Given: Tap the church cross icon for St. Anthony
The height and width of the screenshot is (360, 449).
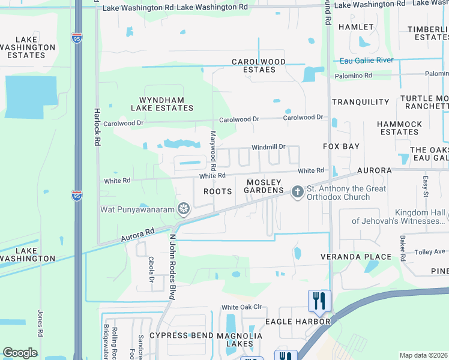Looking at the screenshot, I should pos(297,193).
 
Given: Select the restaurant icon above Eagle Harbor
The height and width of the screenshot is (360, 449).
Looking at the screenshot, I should pos(319,300).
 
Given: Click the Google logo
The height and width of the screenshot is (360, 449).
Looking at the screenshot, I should pos(20,353).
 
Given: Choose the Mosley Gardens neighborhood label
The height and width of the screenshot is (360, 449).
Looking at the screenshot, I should pos(264,186).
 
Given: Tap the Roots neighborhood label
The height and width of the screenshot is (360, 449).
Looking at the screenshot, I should pos(217,191).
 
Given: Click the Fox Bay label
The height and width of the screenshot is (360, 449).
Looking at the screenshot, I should pos(341,146).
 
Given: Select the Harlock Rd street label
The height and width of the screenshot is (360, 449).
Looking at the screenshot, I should pos(97,127).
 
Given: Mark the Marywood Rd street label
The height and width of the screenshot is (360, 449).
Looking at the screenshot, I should pos(212,149).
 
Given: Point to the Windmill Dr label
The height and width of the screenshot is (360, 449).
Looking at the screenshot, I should pos(268,146).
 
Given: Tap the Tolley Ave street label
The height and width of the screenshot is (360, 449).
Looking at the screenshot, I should pos(430,251).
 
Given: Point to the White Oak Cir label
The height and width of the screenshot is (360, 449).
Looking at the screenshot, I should pos(242,307).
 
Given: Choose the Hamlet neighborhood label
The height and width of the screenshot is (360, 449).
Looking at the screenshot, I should pos(351,27).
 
